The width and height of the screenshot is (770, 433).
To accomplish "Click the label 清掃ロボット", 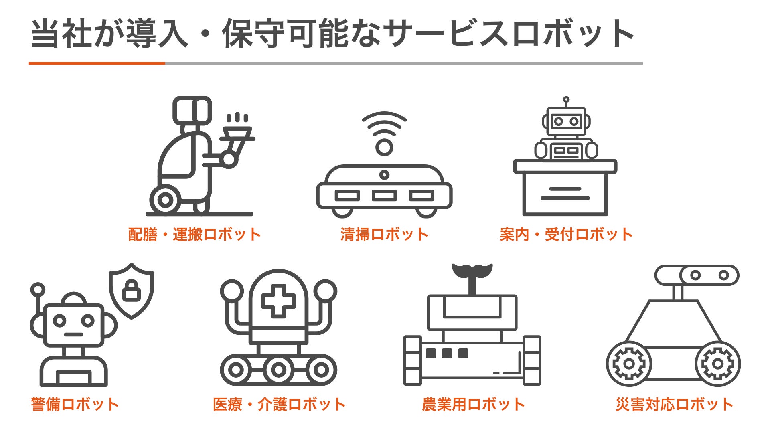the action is (x=384, y=234).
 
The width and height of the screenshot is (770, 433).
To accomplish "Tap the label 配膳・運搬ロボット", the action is (x=195, y=234).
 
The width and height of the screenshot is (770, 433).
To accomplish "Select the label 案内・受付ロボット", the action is (x=566, y=234).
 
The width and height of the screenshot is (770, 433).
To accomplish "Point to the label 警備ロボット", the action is (x=75, y=404).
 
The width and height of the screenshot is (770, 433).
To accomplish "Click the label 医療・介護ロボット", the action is (x=279, y=404).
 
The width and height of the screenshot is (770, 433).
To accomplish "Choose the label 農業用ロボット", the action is (x=473, y=404).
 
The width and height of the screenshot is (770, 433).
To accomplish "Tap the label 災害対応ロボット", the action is (x=675, y=404).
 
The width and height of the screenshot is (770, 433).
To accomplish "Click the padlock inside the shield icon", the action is (x=132, y=290).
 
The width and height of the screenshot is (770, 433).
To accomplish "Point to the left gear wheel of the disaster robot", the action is (x=629, y=364).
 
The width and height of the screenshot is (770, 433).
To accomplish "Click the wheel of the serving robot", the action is (x=165, y=200).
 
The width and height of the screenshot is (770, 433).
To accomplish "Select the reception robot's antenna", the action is (x=566, y=102).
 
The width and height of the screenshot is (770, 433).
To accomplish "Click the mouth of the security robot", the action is (x=73, y=334).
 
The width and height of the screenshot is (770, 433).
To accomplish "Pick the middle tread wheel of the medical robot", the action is (x=278, y=370).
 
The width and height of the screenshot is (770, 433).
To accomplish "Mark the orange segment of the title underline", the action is (x=97, y=63).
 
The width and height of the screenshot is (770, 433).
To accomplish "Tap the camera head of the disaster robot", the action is (x=697, y=275).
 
